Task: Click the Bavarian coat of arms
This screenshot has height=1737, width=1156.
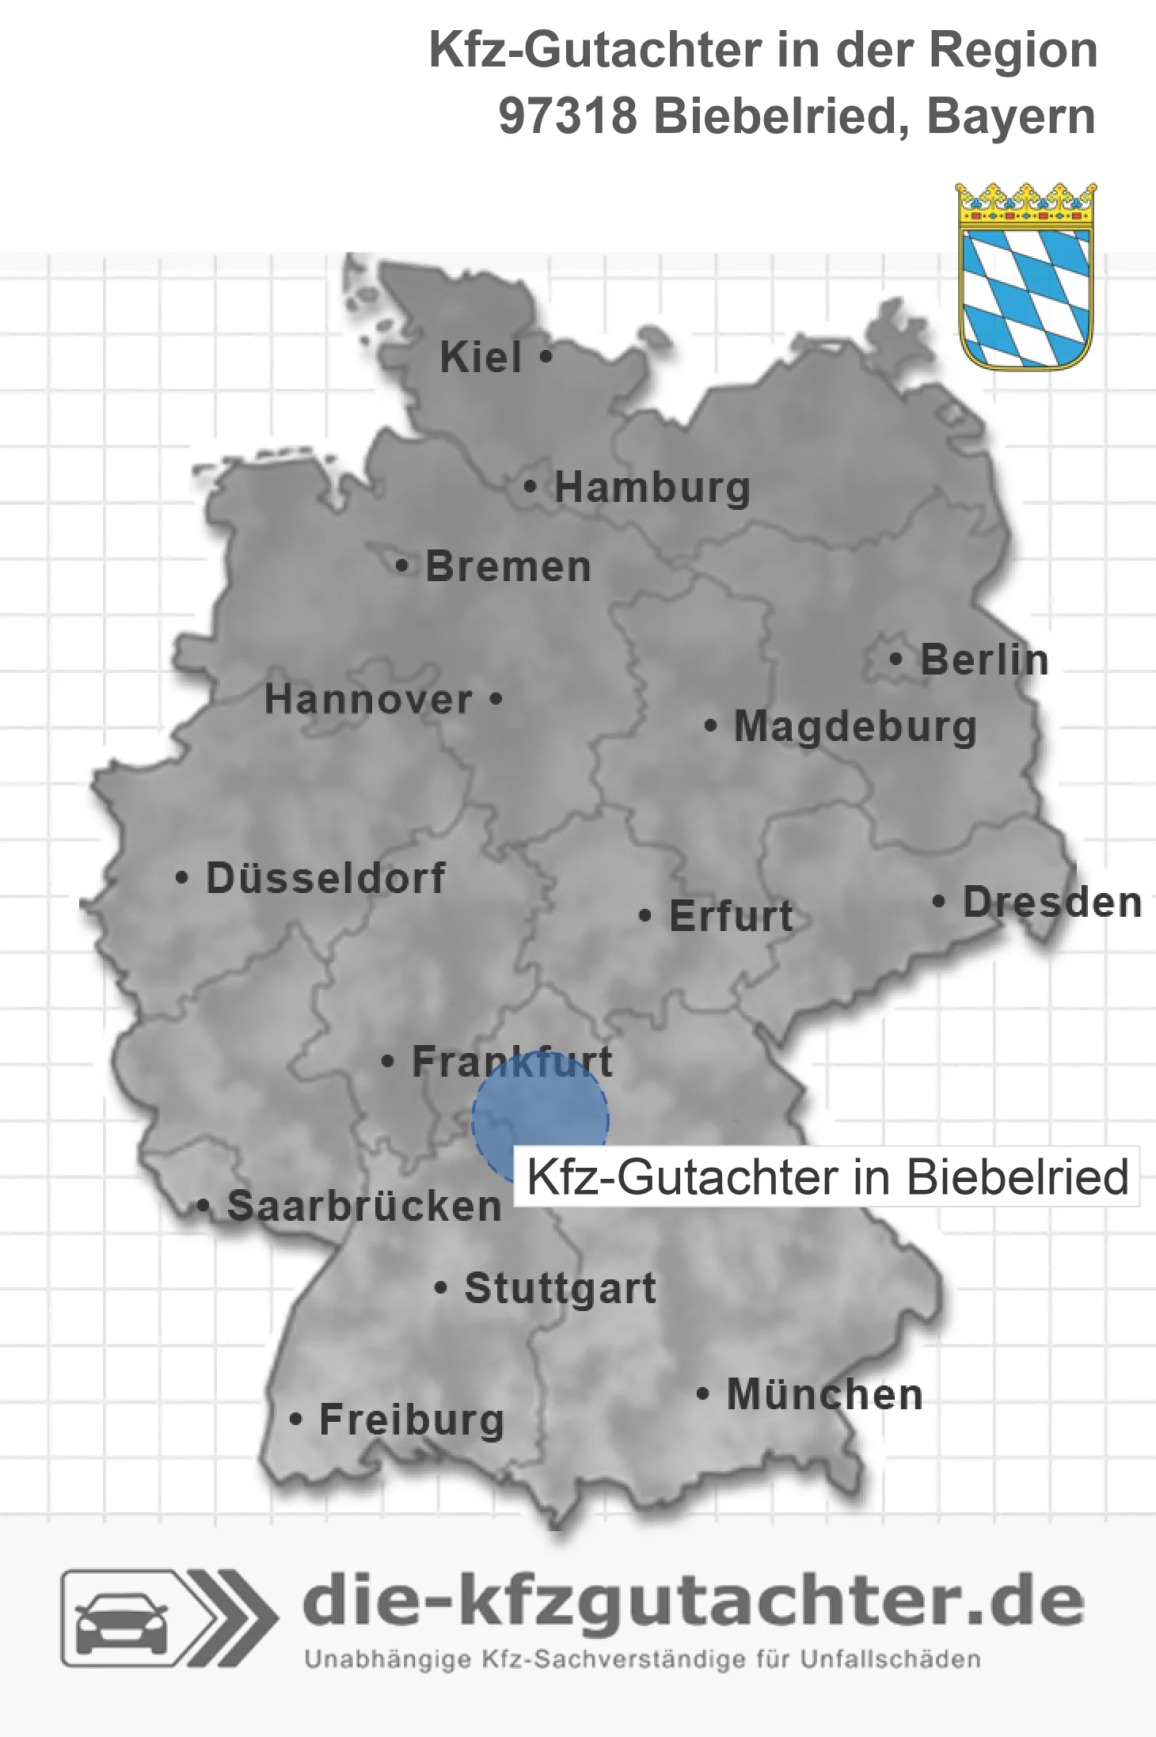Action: click(x=1026, y=276)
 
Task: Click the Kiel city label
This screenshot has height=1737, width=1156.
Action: click(x=481, y=357)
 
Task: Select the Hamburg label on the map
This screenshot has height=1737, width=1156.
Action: click(x=652, y=487)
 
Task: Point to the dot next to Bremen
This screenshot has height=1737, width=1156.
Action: click(x=402, y=566)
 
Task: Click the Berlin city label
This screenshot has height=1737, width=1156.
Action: click(x=984, y=659)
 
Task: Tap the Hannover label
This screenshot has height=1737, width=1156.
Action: click(x=368, y=699)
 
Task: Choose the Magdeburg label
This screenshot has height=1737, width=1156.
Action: click(x=855, y=726)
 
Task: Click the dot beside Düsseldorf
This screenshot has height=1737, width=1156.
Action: click(x=182, y=877)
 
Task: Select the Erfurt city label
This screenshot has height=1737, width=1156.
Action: click(x=731, y=916)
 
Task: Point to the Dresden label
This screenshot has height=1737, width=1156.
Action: click(x=1052, y=902)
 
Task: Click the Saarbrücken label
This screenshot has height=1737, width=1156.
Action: click(x=364, y=1206)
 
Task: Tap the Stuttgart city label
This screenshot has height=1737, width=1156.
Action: click(x=560, y=1288)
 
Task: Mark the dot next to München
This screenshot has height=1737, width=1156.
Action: click(x=702, y=1393)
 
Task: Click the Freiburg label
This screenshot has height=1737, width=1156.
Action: click(x=412, y=1420)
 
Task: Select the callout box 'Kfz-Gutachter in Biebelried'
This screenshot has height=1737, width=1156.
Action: click(x=827, y=1176)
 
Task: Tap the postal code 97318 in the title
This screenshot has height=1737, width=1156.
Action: click(x=568, y=116)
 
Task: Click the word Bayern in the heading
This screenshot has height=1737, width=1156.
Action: click(x=1011, y=116)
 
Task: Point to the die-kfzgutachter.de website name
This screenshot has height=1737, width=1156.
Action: click(x=693, y=1602)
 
